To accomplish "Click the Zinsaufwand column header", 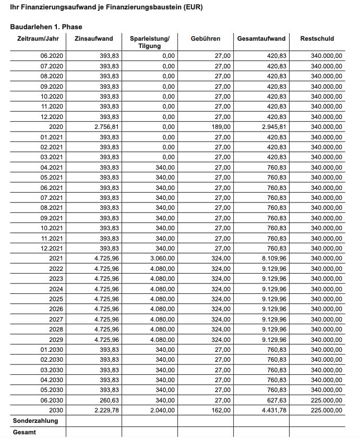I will tap(94, 39).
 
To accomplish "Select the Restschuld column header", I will tap(317, 39).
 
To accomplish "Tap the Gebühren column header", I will tap(206, 39).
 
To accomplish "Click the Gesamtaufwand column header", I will tap(261, 39).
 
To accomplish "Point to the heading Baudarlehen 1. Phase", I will tap(46, 27).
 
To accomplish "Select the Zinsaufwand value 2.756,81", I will tap(105, 127).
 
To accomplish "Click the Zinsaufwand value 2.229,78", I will tap(105, 410).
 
